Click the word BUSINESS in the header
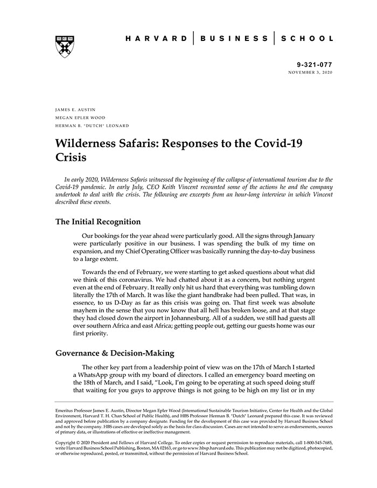click(x=234, y=39)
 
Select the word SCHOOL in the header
click(x=308, y=39)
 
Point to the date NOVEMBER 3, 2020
click(x=310, y=72)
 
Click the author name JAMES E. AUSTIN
click(x=75, y=110)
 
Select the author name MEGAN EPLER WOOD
click(x=80, y=117)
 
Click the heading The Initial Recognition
click(x=98, y=222)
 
